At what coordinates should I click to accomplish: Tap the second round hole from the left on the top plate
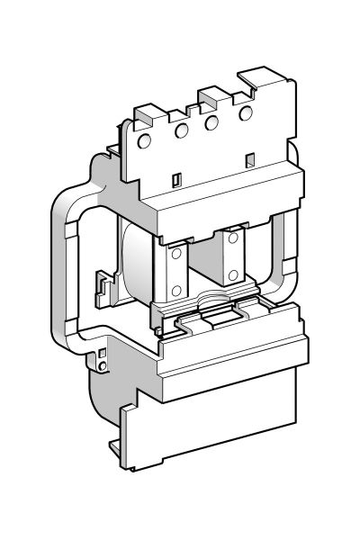pyautogui.click(x=181, y=130)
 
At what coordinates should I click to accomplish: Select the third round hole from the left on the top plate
pyautogui.click(x=213, y=122)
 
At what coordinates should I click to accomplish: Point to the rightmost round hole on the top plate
pyautogui.click(x=245, y=112)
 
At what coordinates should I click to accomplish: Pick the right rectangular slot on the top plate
pyautogui.click(x=249, y=160)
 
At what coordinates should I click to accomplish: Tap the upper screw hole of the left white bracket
pyautogui.click(x=175, y=255)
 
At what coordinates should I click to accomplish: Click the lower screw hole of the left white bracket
pyautogui.click(x=175, y=290)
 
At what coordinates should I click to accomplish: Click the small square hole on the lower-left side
pyautogui.click(x=103, y=353)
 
